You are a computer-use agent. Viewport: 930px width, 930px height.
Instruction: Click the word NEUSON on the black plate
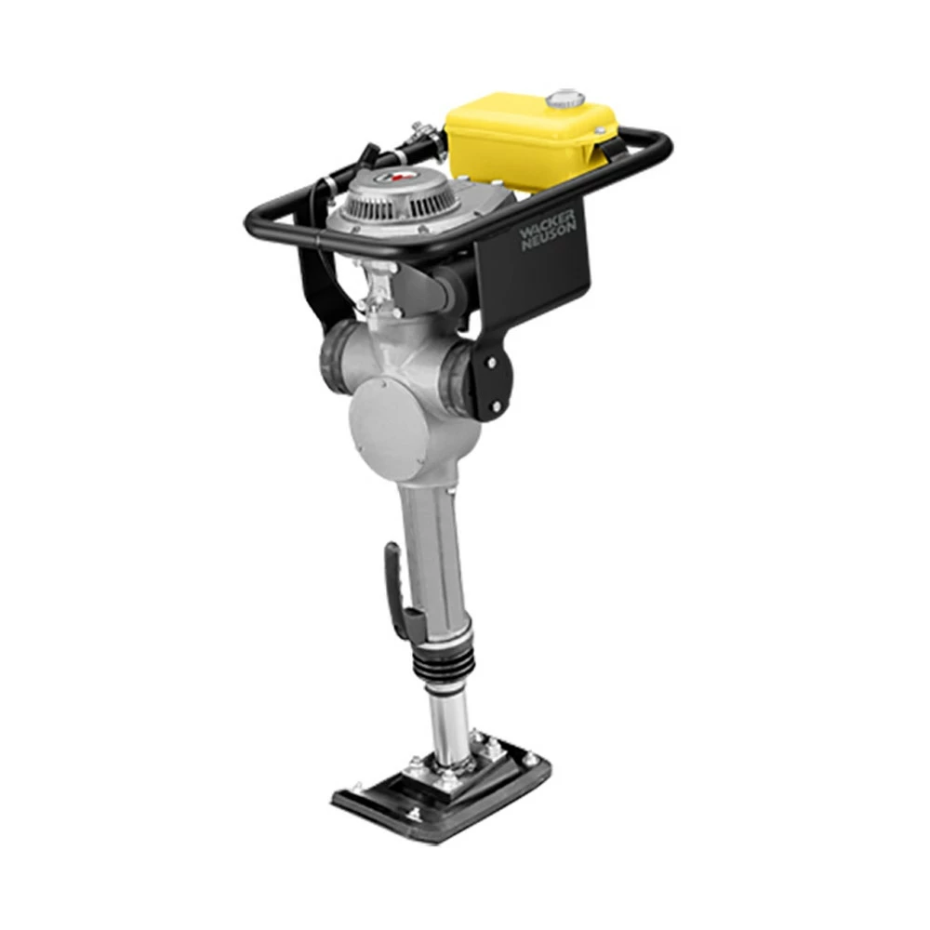point(550,234)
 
